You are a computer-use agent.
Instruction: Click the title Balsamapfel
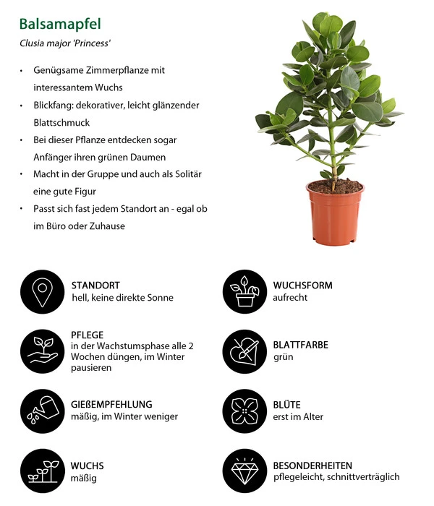(59, 24)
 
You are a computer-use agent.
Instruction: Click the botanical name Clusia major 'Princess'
(64, 43)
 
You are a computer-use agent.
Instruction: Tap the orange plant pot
(334, 214)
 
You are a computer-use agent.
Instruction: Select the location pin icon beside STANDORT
(43, 291)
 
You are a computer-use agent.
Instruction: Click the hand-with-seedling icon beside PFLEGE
(43, 350)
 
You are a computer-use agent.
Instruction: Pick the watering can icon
(43, 410)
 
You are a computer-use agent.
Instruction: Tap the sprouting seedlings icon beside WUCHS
(43, 471)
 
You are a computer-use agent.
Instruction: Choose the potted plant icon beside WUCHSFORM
(244, 291)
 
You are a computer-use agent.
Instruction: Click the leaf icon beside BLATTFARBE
(244, 350)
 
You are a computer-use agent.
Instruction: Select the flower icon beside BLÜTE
(244, 410)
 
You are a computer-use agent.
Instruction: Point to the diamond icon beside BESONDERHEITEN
(244, 471)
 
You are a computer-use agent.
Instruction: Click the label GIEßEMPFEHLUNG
(111, 404)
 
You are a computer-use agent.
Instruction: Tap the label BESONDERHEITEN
(312, 465)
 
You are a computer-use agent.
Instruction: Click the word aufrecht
(291, 297)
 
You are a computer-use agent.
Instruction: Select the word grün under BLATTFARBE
(283, 357)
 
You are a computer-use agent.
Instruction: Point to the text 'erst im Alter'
(298, 416)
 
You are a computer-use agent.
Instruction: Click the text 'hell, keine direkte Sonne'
(122, 297)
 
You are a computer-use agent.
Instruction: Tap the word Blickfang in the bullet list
(55, 105)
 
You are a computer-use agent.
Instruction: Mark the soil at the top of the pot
(334, 186)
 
